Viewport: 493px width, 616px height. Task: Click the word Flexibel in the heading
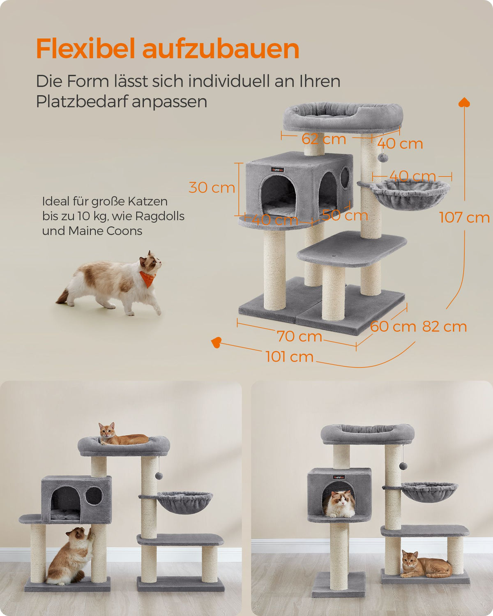85,48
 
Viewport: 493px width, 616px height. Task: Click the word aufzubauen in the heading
221,49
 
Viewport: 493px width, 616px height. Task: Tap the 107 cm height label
464,217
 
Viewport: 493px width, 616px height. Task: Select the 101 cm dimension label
290,356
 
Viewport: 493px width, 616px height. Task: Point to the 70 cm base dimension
299,336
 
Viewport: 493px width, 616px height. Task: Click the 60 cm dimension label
393,326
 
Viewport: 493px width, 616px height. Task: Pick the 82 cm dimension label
445,326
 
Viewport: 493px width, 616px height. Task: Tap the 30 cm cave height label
212,188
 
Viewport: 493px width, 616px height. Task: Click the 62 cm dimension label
324,139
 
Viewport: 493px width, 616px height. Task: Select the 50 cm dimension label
345,215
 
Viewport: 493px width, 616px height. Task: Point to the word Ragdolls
160,216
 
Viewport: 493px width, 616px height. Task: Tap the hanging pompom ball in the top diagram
383,157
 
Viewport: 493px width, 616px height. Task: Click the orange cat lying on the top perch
123,437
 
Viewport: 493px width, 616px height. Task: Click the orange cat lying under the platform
426,564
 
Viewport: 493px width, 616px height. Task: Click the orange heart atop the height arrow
464,102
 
